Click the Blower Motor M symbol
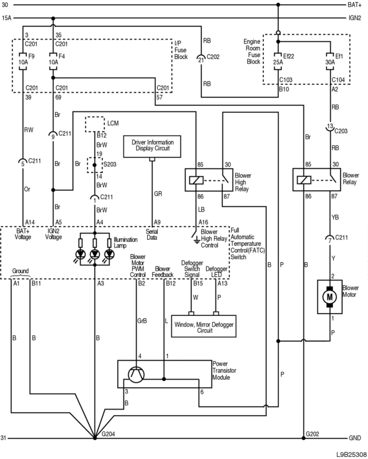tap(330, 297)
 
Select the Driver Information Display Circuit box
tap(152, 146)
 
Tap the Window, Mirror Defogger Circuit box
tap(204, 326)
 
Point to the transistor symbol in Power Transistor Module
tap(136, 375)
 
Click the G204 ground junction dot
tap(95, 438)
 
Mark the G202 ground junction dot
tap(303, 438)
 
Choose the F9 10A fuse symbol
tap(23, 62)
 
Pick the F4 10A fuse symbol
tap(53, 62)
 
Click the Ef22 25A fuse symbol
tap(278, 62)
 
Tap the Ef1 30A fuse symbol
tap(330, 62)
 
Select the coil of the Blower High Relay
tap(196, 180)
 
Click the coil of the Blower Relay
tap(304, 180)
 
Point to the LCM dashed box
tap(95, 124)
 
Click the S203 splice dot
tap(95, 165)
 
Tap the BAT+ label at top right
tap(354, 5)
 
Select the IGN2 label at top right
tap(355, 18)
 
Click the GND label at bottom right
tap(355, 438)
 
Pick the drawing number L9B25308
tap(351, 455)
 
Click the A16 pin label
tap(203, 222)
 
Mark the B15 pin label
tap(198, 283)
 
